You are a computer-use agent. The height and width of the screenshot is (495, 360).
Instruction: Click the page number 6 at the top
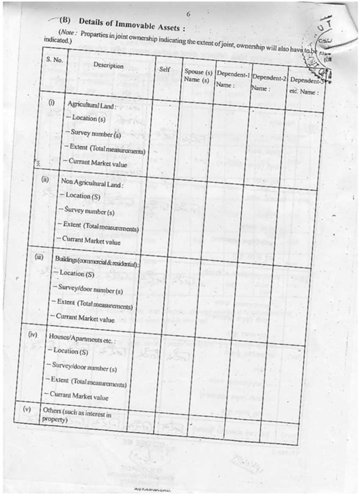click(x=188, y=14)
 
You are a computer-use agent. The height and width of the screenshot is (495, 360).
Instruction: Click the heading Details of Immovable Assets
click(x=132, y=24)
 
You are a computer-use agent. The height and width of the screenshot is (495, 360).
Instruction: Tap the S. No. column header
click(x=55, y=60)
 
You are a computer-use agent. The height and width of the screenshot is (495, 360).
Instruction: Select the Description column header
click(x=108, y=66)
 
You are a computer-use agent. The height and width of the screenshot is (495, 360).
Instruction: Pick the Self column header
click(x=164, y=69)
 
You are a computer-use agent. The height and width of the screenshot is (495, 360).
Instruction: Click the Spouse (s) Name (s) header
click(x=198, y=76)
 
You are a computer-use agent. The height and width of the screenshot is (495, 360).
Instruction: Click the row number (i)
click(x=52, y=102)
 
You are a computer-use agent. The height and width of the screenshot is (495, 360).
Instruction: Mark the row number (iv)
click(x=33, y=335)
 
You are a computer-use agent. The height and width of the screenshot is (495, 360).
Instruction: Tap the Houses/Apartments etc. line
click(x=82, y=338)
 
